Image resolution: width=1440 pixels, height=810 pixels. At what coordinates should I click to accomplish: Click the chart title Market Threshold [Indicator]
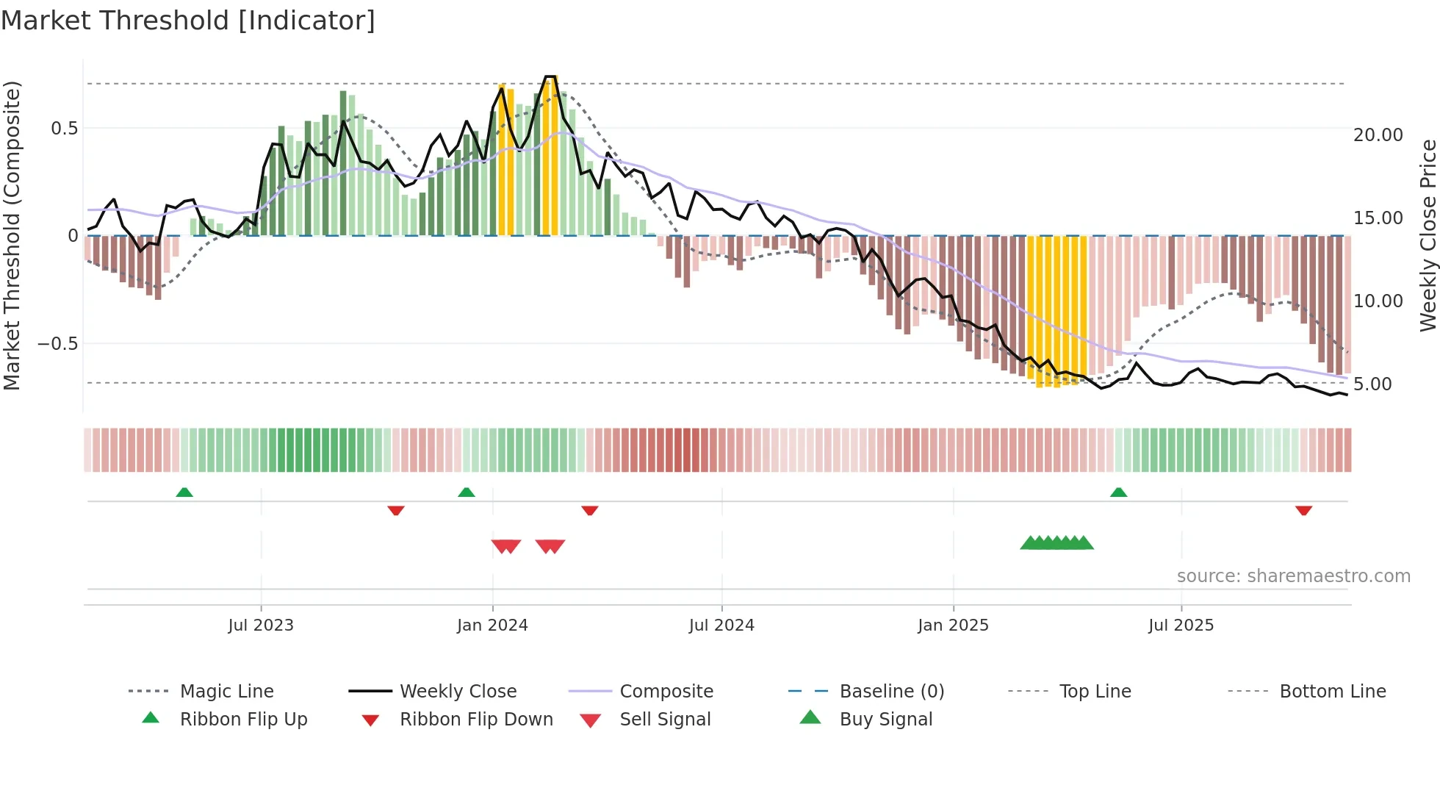188,21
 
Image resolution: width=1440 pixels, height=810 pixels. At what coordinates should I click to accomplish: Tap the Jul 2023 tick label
261,626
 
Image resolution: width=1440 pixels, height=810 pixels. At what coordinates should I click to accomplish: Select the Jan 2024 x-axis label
492,626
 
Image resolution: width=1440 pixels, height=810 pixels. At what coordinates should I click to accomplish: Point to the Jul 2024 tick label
721,626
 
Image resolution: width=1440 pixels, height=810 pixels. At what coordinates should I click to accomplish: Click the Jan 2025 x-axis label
953,626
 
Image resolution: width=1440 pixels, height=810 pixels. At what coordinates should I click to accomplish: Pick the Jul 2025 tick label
1181,626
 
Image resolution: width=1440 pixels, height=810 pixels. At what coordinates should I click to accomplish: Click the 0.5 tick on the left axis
64,129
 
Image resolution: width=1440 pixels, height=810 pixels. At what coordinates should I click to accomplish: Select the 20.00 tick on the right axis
1378,135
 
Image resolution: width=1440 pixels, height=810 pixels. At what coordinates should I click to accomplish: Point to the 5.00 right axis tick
1372,384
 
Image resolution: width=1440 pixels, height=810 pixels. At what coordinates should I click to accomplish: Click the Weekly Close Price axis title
1428,235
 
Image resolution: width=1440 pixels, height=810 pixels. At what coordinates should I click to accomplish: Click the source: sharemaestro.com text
1293,576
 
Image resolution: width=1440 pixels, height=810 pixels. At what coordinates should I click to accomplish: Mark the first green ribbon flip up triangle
184,492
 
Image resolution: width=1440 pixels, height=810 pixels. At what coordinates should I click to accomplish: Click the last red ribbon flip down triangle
1303,510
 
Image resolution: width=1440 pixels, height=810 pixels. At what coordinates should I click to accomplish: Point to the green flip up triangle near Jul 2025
1118,492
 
